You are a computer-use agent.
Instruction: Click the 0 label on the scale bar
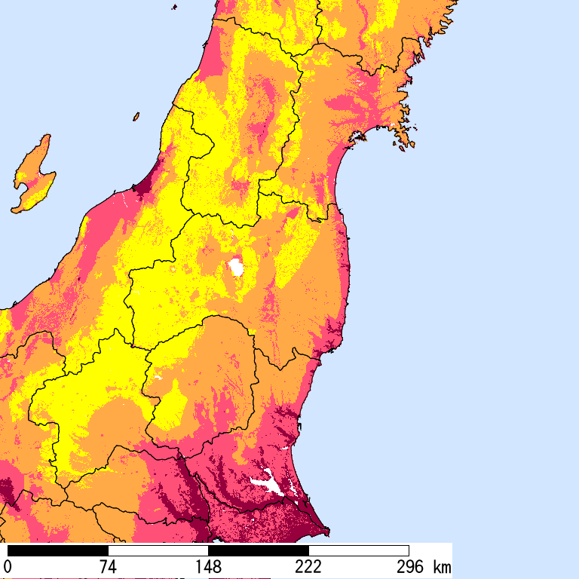coord(8,567)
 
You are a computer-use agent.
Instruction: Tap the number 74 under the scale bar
coord(108,567)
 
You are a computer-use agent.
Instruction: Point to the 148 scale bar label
coord(208,567)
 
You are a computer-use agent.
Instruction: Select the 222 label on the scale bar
coord(308,567)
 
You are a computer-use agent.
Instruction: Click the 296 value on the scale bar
coord(411,567)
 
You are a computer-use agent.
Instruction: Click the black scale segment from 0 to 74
coord(57,550)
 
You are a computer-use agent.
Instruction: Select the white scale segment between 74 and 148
coord(158,550)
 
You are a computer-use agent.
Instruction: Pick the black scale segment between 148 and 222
coord(259,550)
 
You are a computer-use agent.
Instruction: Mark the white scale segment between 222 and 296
coord(359,550)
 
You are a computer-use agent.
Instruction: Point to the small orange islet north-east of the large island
coord(136,117)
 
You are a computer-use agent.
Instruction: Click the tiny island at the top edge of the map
coord(175,7)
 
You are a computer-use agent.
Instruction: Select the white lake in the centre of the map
coord(237,267)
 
